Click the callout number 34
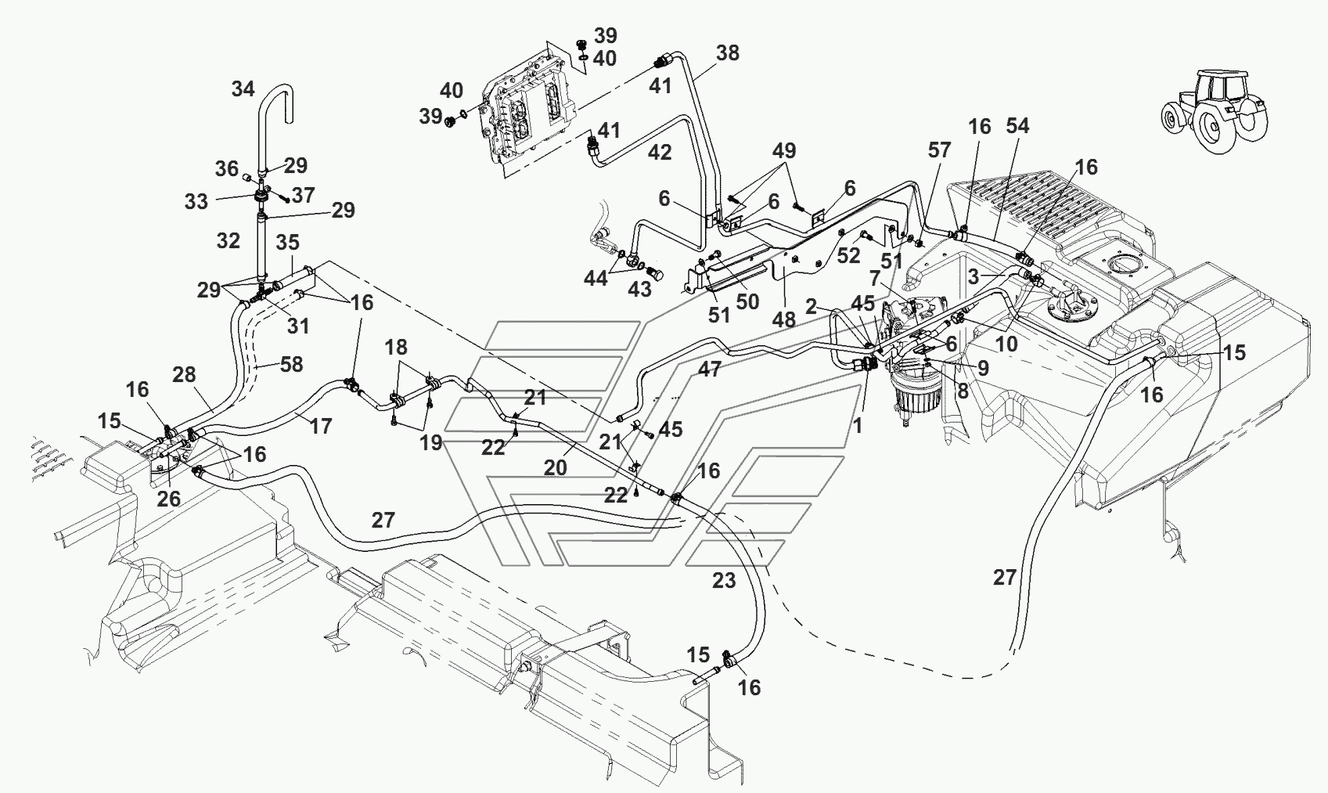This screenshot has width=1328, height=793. [243, 89]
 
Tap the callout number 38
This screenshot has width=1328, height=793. [728, 53]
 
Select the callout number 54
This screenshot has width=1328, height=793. [1017, 126]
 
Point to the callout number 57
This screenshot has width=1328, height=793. [939, 150]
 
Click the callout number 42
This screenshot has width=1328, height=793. [660, 153]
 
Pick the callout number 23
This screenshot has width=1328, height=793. [724, 581]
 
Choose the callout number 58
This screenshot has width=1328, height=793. [290, 365]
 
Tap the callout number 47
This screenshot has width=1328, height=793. [709, 369]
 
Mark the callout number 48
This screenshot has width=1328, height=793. [784, 320]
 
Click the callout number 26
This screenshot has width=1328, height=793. [168, 499]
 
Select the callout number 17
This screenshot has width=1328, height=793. [321, 427]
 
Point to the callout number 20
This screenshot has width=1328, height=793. [555, 469]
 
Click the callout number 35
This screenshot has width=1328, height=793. [287, 243]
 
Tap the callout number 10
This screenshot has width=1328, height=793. [1006, 344]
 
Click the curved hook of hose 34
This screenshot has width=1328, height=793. [278, 101]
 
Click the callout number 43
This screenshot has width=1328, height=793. [639, 290]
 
